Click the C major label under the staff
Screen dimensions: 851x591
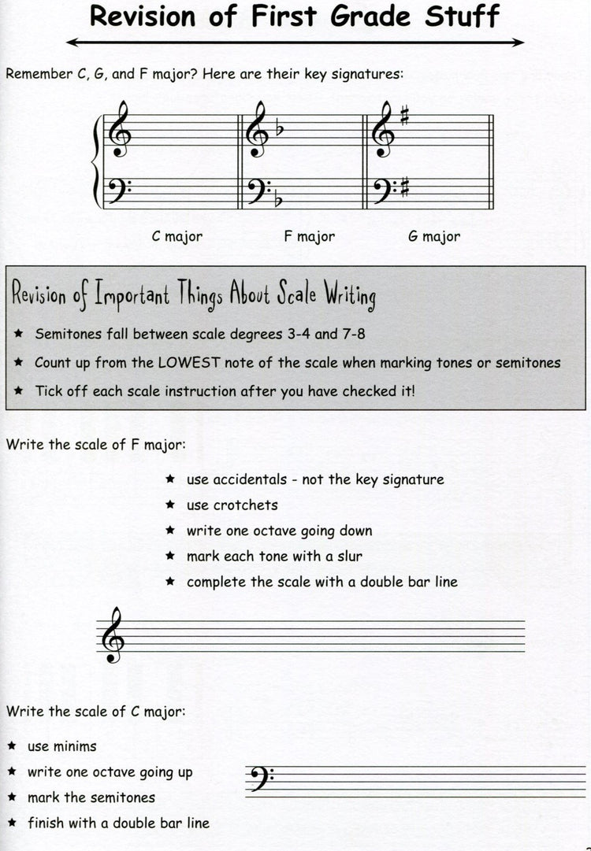[x=177, y=236]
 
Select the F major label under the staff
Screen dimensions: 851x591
[x=309, y=236]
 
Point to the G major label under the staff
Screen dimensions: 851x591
[x=434, y=236]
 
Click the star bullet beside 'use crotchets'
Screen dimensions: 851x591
[x=170, y=505]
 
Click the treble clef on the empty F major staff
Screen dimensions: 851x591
[x=113, y=635]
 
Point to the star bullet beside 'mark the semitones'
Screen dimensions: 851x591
[x=13, y=797]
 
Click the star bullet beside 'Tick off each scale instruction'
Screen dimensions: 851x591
[x=19, y=391]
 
